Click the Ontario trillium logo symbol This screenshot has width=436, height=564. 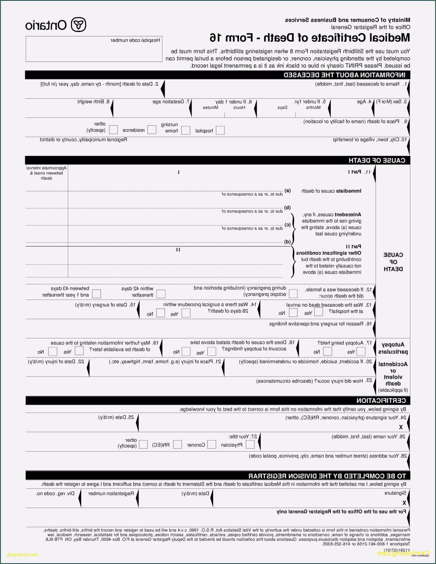(x=78, y=25)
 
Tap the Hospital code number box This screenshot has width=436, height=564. (x=94, y=49)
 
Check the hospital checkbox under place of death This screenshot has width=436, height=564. (x=220, y=130)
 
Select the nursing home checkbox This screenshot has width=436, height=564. (x=186, y=130)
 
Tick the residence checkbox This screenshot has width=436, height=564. (x=152, y=130)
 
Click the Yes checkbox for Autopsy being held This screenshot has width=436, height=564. (x=361, y=352)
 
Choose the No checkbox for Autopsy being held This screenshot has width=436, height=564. (x=327, y=352)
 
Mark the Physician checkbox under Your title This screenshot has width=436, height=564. (x=250, y=445)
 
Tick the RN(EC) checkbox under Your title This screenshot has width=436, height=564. (x=177, y=445)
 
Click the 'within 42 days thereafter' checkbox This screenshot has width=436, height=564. (x=161, y=294)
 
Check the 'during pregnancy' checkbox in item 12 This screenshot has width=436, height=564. (x=293, y=294)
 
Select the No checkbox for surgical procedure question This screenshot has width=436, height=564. (x=160, y=313)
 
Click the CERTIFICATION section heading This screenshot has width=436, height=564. (x=381, y=401)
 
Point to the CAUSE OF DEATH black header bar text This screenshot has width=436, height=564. (x=377, y=161)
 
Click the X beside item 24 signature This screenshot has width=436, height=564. (x=401, y=427)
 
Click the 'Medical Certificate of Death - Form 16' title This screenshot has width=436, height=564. (x=310, y=38)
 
